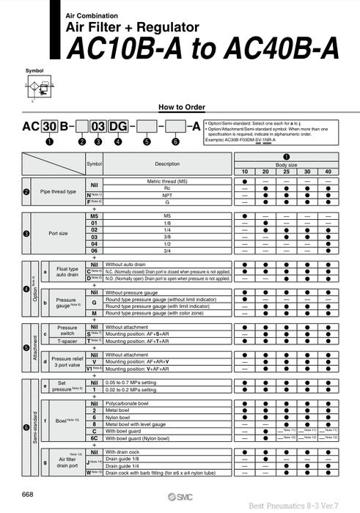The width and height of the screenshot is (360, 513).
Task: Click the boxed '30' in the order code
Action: pyautogui.click(x=49, y=128)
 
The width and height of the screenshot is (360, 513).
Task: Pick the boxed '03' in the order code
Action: pyautogui.click(x=98, y=128)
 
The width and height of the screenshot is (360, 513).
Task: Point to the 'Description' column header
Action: pyautogui.click(x=167, y=163)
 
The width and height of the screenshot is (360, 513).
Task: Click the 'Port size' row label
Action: pyautogui.click(x=58, y=234)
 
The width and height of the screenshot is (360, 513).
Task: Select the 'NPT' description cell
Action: pyautogui.click(x=167, y=194)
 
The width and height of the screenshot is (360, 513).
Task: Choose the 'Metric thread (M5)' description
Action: pyautogui.click(x=167, y=180)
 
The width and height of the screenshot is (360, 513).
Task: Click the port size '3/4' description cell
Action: pyautogui.click(x=167, y=251)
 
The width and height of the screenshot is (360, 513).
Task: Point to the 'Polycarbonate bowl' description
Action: pyautogui.click(x=131, y=404)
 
